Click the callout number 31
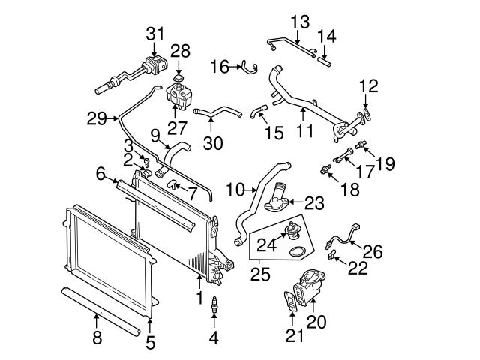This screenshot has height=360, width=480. [154, 33]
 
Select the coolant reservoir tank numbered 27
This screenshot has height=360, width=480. [178, 96]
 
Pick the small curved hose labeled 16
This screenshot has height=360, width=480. [244, 68]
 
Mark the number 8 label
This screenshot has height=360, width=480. [96, 337]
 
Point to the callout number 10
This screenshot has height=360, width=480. [235, 190]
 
